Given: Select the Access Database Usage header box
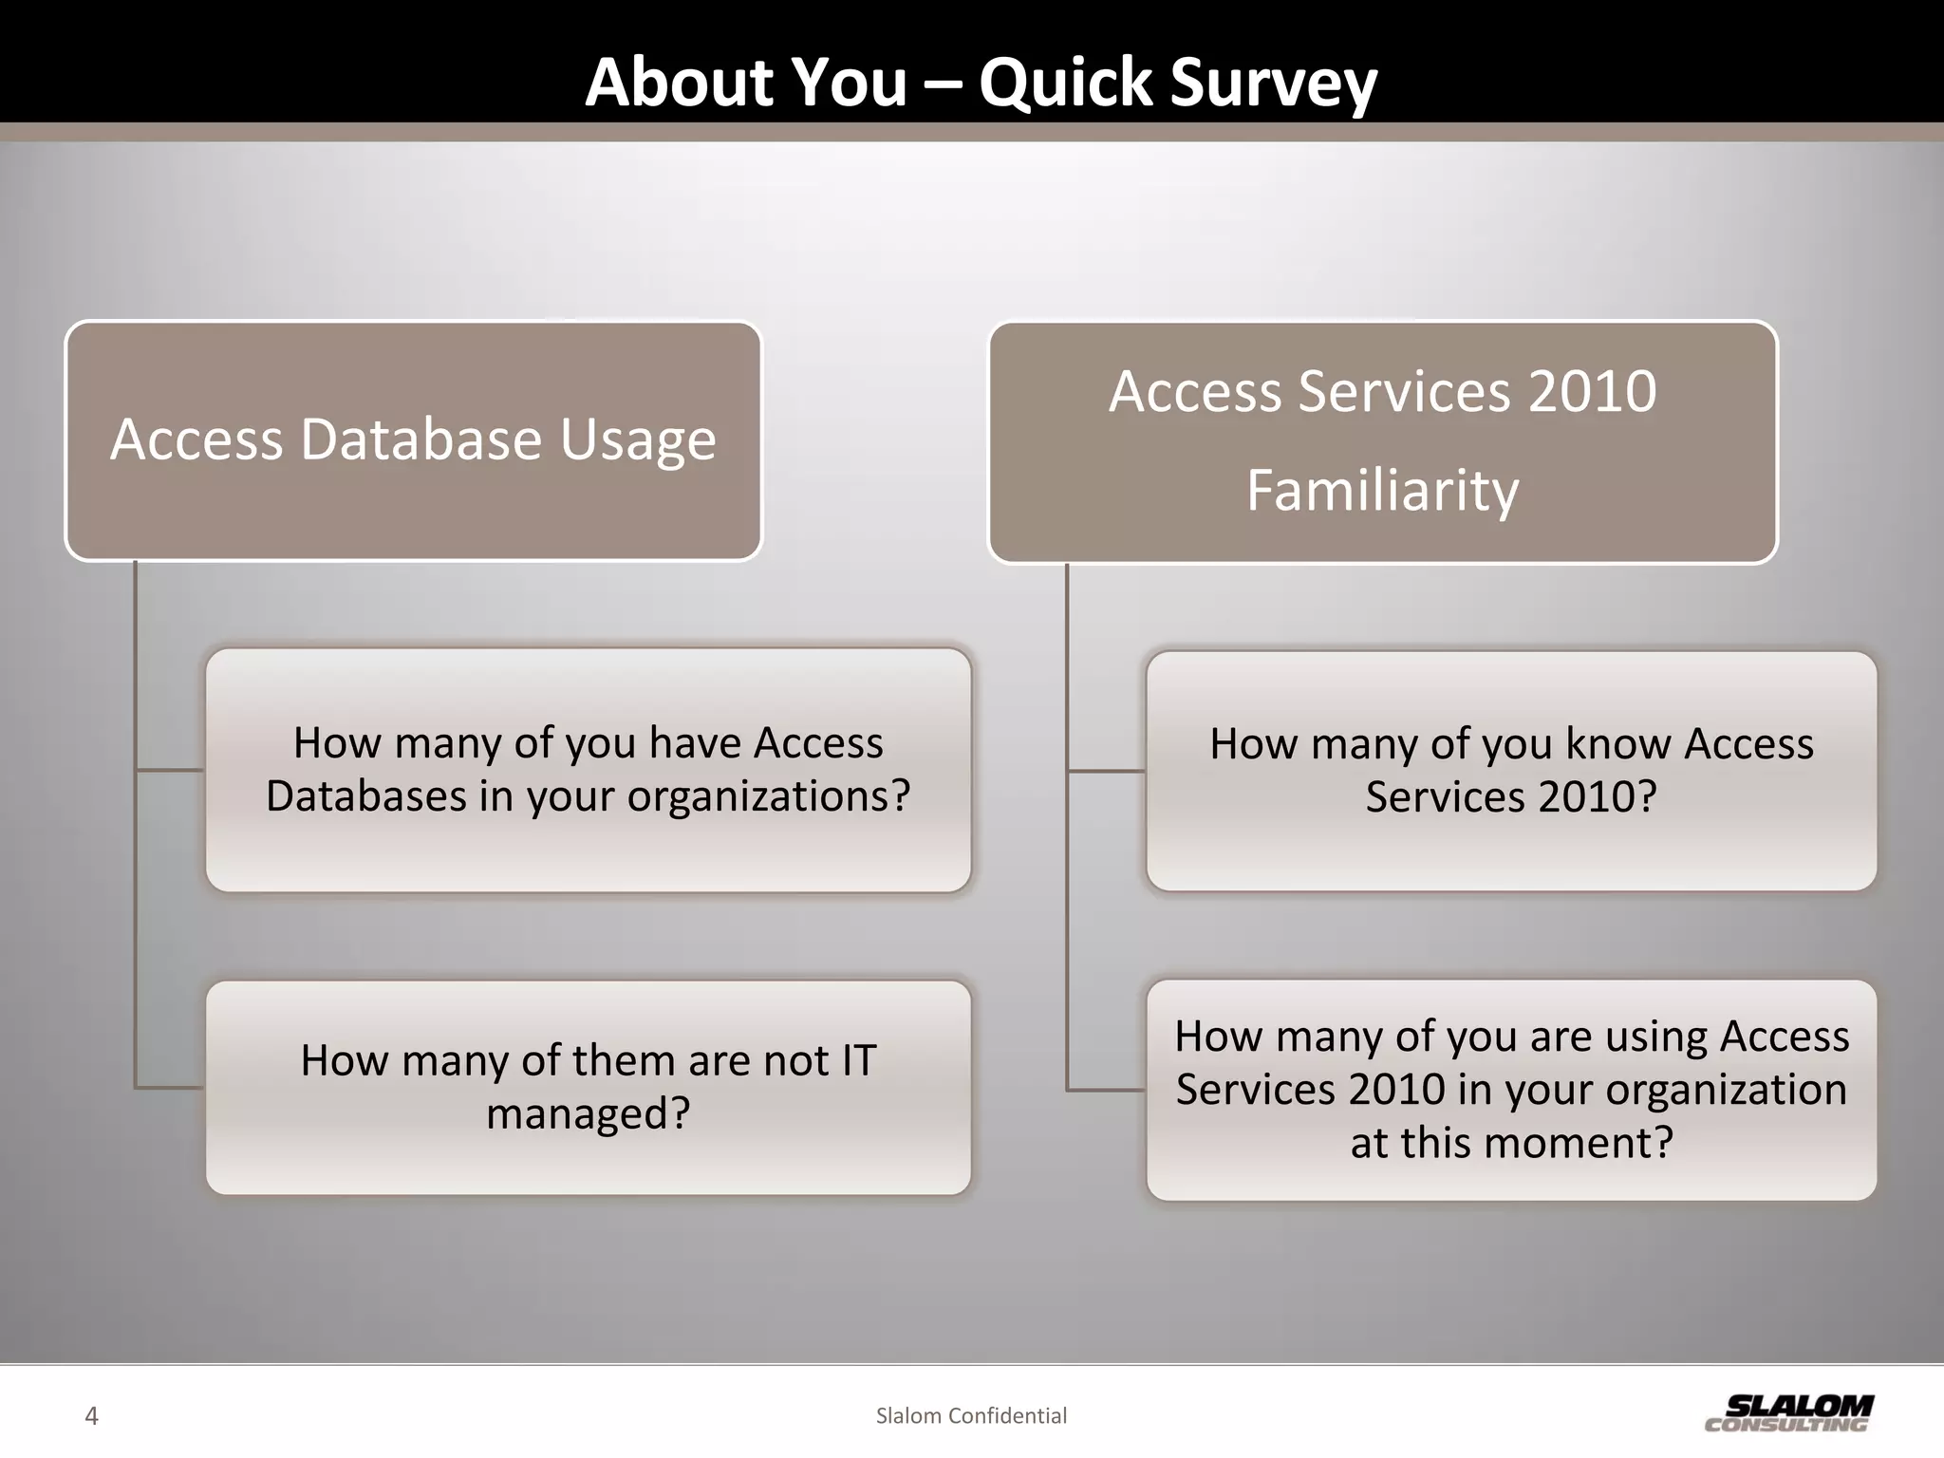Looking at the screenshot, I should [413, 440].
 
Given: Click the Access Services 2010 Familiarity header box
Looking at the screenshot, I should [1382, 441].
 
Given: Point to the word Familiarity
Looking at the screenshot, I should [1382, 491].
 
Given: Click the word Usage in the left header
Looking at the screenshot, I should [637, 440].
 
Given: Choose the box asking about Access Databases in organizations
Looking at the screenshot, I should [588, 769].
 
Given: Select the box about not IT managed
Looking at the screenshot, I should [588, 1087].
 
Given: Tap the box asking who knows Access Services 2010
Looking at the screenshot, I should [1511, 770].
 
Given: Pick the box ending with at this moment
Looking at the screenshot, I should [1511, 1089].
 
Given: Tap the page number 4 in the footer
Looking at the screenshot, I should [91, 1416].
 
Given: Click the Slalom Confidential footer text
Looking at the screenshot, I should [971, 1416].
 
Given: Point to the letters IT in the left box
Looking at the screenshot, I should [858, 1060].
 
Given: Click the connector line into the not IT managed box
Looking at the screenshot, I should [169, 1087].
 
